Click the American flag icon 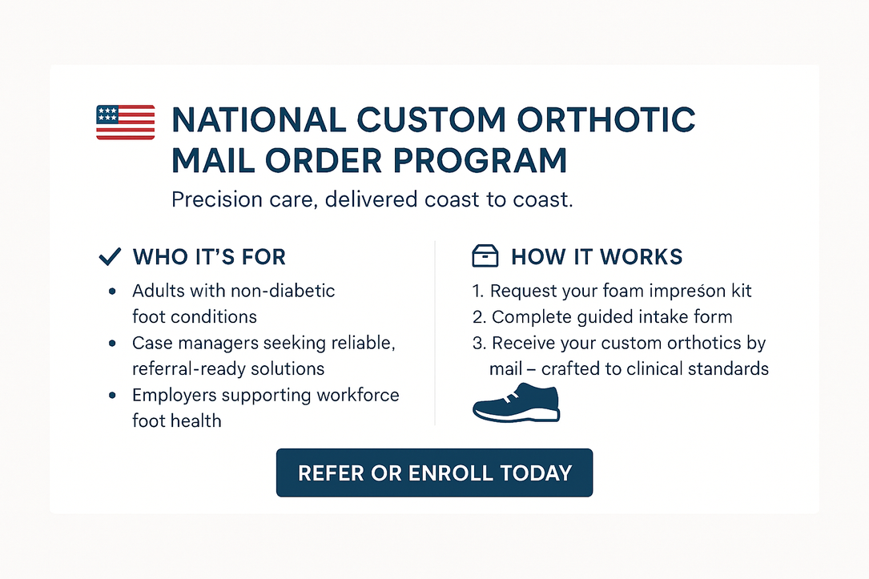click(125, 122)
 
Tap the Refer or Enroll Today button click(434, 472)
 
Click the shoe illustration click(517, 403)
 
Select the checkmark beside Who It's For click(110, 256)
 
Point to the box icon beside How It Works click(485, 256)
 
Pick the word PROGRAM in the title click(480, 161)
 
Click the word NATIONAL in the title click(259, 119)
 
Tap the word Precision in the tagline click(217, 199)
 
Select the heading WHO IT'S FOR click(209, 257)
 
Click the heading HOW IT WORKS click(597, 257)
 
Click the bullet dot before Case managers click(112, 343)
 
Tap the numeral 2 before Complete click(478, 317)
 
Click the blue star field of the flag click(107, 115)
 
